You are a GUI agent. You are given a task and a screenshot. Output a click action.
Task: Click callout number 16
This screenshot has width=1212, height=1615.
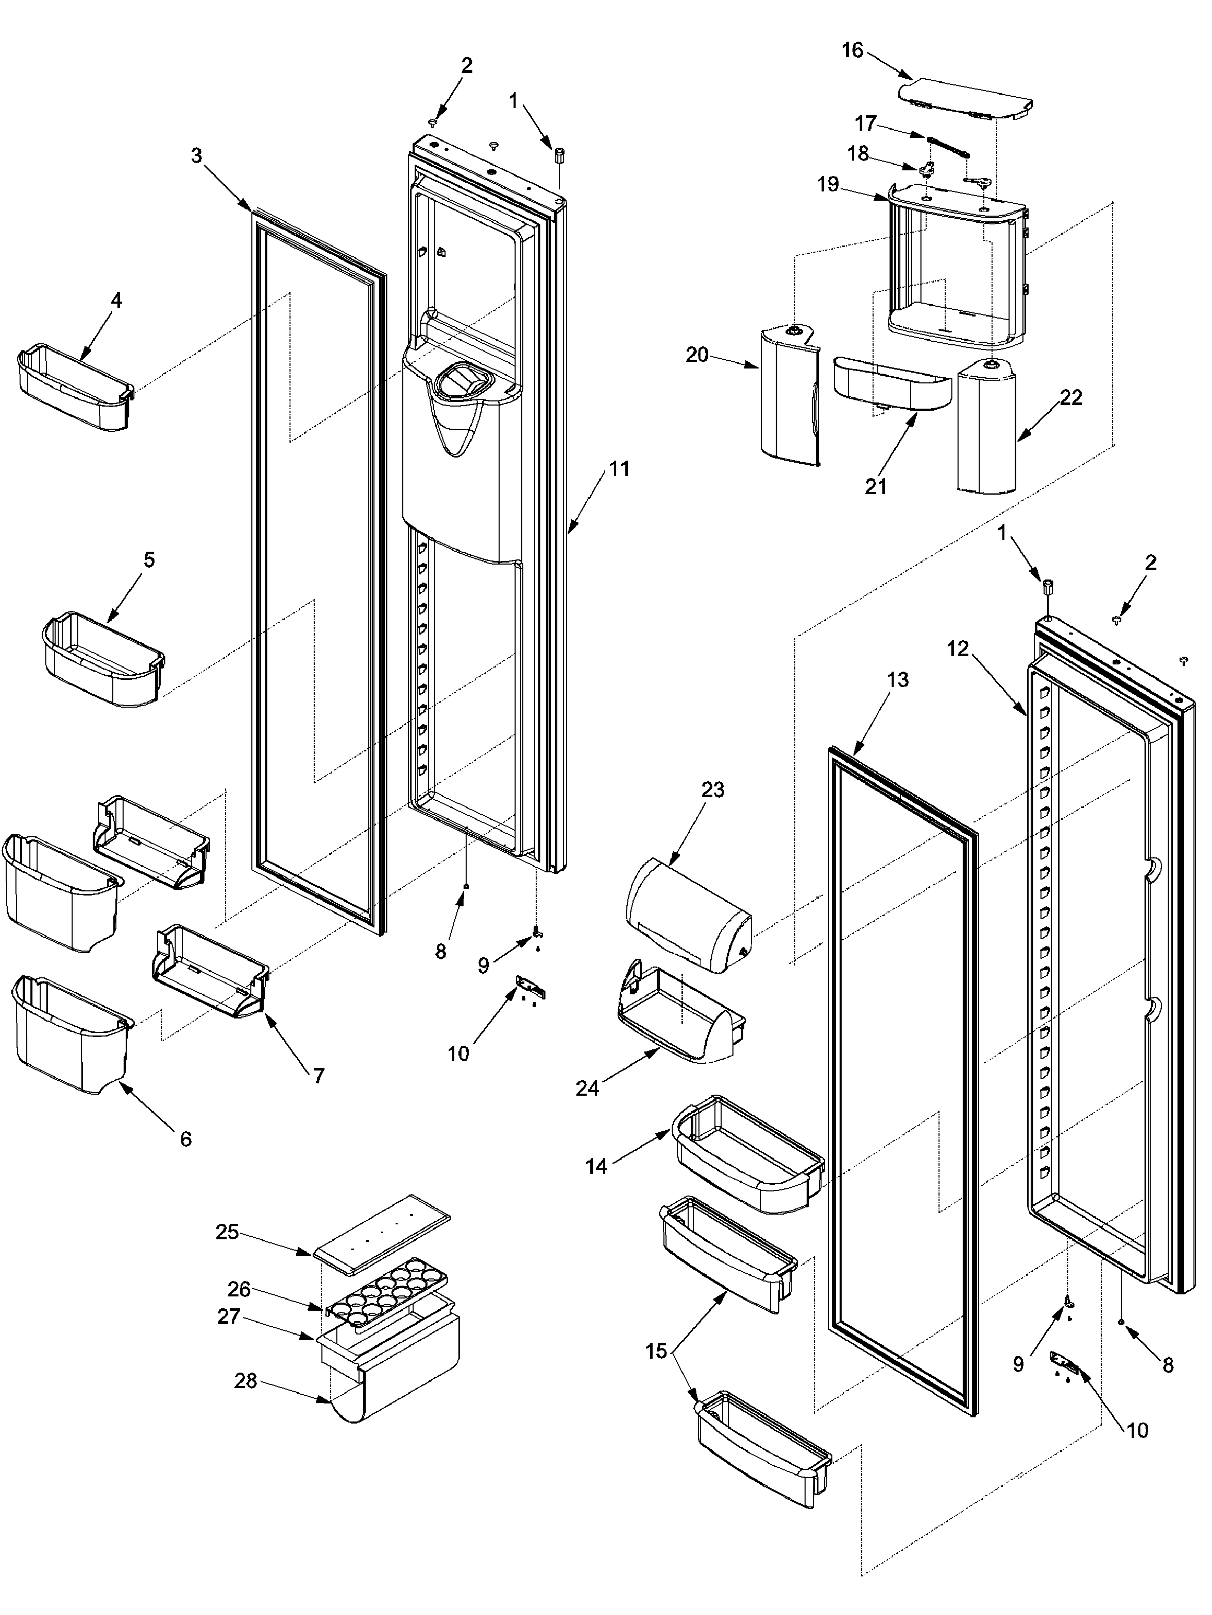(x=852, y=50)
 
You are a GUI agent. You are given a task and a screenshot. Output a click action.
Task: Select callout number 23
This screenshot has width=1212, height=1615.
(x=712, y=790)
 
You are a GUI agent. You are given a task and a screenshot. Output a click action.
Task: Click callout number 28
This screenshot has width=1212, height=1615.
(x=246, y=1381)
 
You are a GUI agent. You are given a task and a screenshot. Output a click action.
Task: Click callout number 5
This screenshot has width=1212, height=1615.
(x=149, y=560)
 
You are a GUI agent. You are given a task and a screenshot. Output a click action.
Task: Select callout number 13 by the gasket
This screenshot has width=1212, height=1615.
(x=897, y=680)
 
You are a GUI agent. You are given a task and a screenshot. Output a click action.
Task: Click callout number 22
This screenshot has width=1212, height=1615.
(x=1070, y=398)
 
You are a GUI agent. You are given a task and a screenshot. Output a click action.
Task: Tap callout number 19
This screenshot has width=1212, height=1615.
(x=828, y=184)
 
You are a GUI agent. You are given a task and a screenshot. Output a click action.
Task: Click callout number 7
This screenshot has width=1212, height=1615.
(x=318, y=1076)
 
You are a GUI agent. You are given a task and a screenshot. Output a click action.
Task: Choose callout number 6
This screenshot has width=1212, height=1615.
(x=185, y=1138)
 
